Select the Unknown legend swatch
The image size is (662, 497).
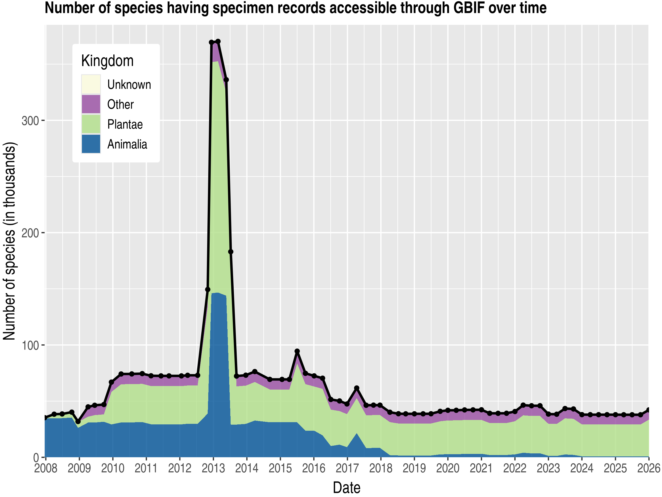pyautogui.click(x=91, y=84)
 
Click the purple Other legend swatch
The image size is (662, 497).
pyautogui.click(x=91, y=104)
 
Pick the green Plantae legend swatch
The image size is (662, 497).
pyautogui.click(x=91, y=124)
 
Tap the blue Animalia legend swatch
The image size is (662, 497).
pyautogui.click(x=91, y=144)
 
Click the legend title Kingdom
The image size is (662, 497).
pyautogui.click(x=107, y=61)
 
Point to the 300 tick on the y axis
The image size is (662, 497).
pyautogui.click(x=31, y=121)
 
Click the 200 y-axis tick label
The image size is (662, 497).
pyautogui.click(x=31, y=233)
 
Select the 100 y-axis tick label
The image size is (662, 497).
pyautogui.click(x=31, y=345)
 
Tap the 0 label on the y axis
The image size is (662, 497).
pyautogui.click(x=36, y=458)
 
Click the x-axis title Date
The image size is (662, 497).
pyautogui.click(x=346, y=488)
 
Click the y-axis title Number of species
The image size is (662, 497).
pyautogui.click(x=10, y=241)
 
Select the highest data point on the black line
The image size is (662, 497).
pyautogui.click(x=218, y=41)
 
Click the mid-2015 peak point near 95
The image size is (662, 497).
pyautogui.click(x=297, y=351)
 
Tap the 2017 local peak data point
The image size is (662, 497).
pyautogui.click(x=356, y=388)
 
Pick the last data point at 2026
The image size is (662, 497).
pyautogui.click(x=648, y=410)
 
